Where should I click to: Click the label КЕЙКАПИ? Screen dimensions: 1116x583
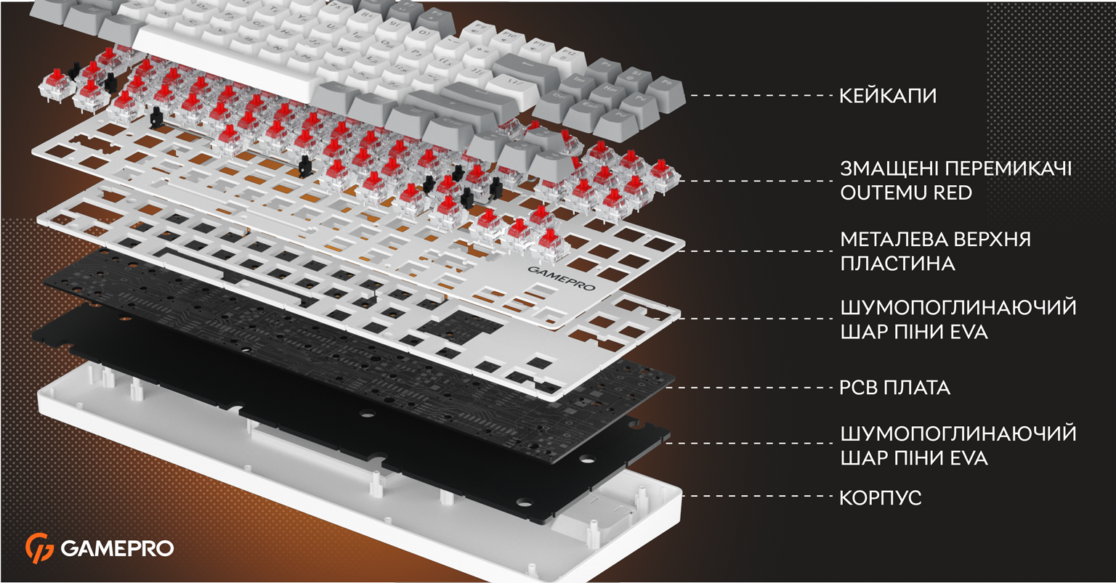(x=888, y=96)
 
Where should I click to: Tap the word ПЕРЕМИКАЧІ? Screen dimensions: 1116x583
(x=1008, y=168)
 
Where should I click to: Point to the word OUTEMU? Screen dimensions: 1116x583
(x=883, y=192)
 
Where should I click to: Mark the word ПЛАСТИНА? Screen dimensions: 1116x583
(x=898, y=264)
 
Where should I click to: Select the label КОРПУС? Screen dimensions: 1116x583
(x=881, y=498)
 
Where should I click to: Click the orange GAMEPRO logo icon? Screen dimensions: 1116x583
(x=39, y=548)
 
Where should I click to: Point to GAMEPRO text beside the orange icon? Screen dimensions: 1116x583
(x=117, y=549)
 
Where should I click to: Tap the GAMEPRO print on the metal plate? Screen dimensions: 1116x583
(x=562, y=279)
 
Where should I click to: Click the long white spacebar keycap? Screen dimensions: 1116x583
(x=227, y=64)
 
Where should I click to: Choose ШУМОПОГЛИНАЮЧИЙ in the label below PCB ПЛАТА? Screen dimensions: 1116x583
(x=958, y=433)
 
